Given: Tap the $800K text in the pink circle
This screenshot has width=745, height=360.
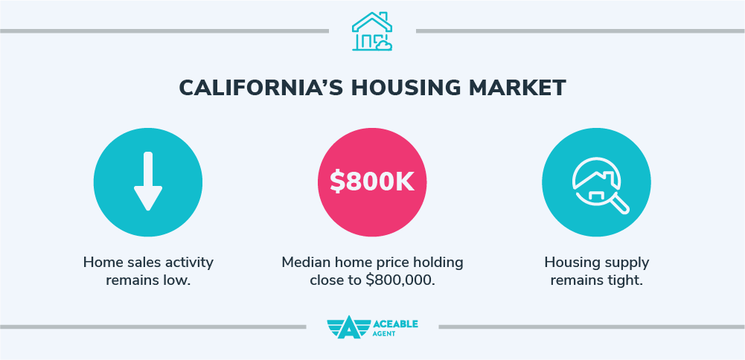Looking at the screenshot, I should point(372,182).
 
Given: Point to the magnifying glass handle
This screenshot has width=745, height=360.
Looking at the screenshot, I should point(619,203).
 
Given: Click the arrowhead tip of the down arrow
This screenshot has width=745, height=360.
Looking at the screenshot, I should point(147,208).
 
